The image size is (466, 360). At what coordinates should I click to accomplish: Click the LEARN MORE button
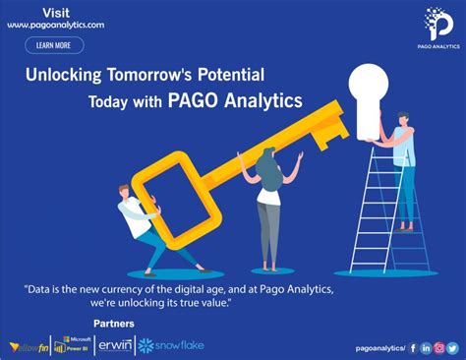click(x=54, y=45)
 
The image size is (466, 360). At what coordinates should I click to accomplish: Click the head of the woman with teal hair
click(x=267, y=156)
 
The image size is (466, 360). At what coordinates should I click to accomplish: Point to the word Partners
click(x=114, y=324)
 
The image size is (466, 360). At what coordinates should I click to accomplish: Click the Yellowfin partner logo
click(x=29, y=346)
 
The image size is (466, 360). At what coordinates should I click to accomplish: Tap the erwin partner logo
click(x=116, y=345)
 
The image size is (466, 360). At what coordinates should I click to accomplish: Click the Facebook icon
click(x=413, y=347)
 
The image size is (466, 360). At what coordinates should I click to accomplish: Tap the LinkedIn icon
click(x=426, y=347)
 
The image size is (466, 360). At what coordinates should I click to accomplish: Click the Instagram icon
click(x=439, y=347)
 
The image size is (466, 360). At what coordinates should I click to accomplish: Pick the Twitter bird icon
click(x=453, y=347)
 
